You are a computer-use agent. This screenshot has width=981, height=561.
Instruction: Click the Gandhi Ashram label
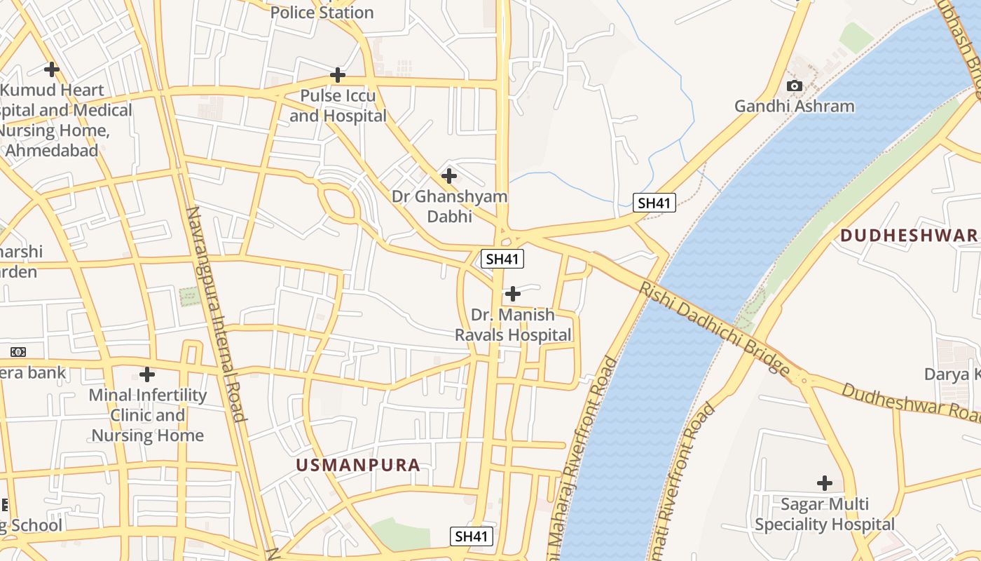point(794,107)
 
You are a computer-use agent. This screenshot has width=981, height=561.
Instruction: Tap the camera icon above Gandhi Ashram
point(795,86)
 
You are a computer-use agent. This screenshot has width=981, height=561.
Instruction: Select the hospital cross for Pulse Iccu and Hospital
point(338,74)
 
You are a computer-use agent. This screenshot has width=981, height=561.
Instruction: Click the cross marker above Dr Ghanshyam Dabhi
point(449,175)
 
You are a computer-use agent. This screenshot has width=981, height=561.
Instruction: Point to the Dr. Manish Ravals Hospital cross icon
point(513,293)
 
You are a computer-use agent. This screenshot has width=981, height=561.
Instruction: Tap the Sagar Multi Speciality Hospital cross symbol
point(825,482)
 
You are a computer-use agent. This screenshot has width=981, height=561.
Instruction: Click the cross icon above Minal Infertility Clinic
point(147,374)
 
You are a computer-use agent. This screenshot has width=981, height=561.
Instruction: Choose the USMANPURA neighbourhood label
point(358,465)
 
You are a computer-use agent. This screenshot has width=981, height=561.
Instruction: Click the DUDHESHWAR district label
point(909,236)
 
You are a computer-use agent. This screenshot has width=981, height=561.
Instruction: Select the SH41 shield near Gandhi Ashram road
point(654,203)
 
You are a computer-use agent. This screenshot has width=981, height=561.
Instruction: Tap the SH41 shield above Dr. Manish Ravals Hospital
point(502,259)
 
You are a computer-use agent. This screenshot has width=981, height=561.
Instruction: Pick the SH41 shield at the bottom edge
point(472,537)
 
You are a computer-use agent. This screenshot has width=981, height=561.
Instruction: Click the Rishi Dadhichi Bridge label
point(715,327)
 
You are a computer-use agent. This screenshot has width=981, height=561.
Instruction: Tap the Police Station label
point(322,13)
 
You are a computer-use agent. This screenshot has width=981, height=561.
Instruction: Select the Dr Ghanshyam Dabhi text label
point(449,206)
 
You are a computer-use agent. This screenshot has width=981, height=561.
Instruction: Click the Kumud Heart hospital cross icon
point(51,69)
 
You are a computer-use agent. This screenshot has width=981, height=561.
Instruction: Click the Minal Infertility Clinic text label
point(148,415)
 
